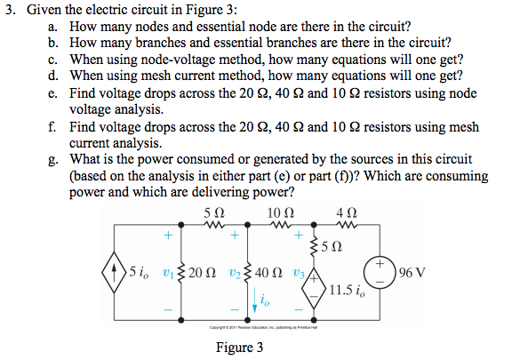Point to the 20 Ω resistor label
[x=201, y=272]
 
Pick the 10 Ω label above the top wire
[x=278, y=213]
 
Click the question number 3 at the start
[x=8, y=10]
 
